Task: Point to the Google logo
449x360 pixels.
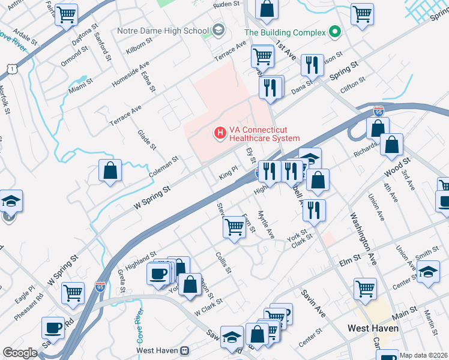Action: coord(20,353)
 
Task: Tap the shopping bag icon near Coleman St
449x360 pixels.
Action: coord(111,171)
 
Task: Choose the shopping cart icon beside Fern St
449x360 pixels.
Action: coord(234,227)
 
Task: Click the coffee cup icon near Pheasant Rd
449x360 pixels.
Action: coord(52,328)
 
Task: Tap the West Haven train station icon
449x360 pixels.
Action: coord(186,350)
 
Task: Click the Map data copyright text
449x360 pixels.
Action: coord(423,355)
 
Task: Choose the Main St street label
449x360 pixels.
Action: coord(406,312)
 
